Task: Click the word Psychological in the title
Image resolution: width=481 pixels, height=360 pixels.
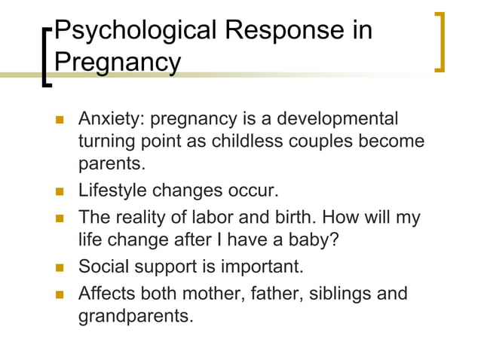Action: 131,31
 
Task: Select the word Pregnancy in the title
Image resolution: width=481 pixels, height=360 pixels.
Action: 118,63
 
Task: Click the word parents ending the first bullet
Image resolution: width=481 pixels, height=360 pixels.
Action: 111,163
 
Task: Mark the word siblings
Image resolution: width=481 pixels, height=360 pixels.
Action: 341,292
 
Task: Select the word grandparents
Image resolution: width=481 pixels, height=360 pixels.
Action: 136,315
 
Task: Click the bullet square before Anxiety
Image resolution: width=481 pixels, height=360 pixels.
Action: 59,121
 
